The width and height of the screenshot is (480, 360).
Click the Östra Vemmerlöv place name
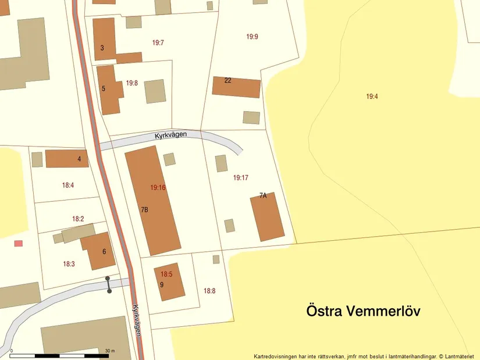pos(363,311)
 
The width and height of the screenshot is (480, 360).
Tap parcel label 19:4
pos(372,97)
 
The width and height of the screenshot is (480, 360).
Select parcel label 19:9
pos(252,37)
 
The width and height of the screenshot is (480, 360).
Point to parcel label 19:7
pos(158,42)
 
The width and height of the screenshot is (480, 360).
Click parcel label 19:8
pos(132,83)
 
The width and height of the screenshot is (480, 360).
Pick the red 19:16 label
pos(158,187)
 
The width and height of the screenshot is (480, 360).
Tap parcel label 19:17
pos(241,177)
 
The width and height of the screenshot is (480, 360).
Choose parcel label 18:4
pos(68,186)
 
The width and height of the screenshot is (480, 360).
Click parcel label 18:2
pos(79,219)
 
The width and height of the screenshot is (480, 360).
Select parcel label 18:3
pos(69,264)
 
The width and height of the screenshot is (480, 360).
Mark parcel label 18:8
pos(209,291)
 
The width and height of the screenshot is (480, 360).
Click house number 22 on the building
pos(228,80)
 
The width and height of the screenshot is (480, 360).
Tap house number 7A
pos(263,195)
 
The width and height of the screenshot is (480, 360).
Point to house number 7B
pos(144,209)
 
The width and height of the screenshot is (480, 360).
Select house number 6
pos(104,252)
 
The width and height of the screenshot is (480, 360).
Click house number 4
pos(79,158)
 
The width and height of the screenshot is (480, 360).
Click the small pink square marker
pos(18,243)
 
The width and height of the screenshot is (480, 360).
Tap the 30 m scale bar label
pos(110,351)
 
